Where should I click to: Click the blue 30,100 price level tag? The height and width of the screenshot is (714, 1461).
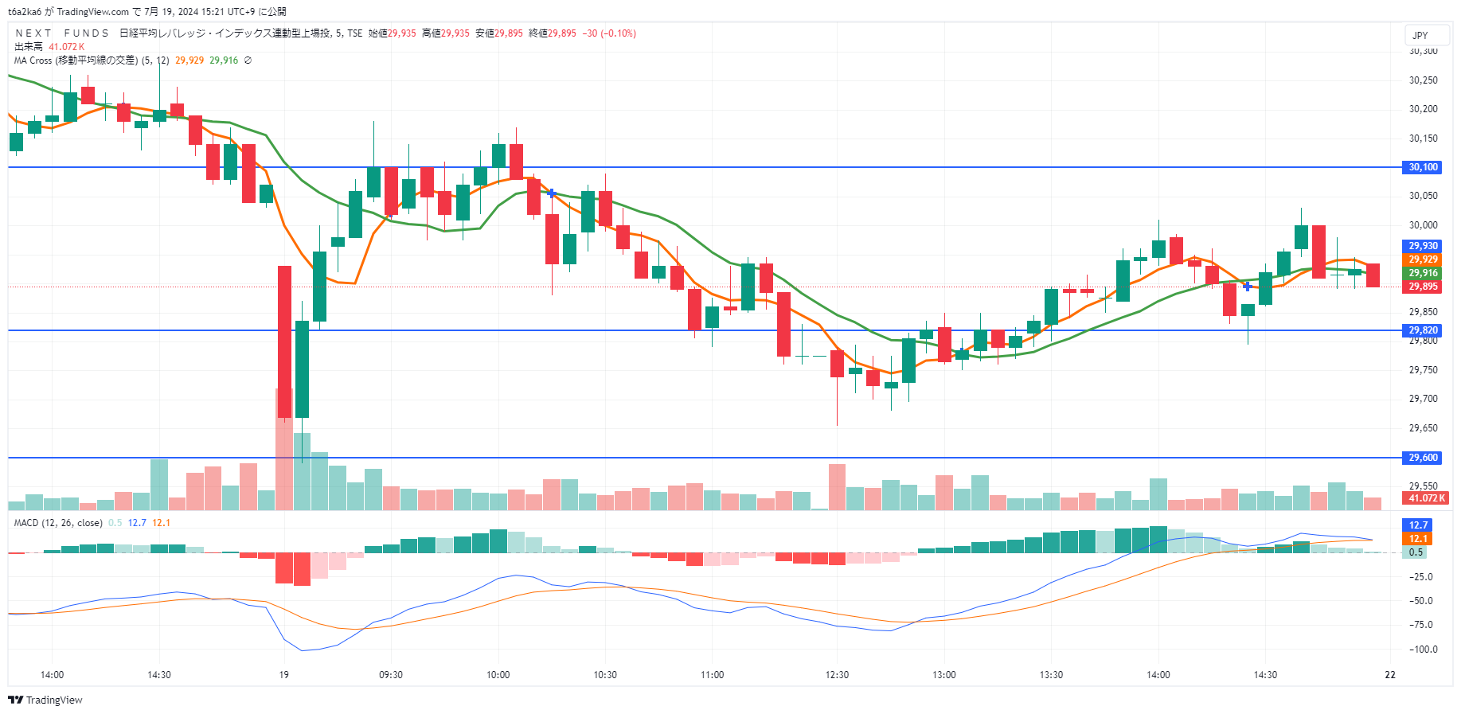[x=1423, y=167]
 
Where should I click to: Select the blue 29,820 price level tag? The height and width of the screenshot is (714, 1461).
[x=1423, y=330]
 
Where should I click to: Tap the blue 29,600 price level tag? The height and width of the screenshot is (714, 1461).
[x=1423, y=458]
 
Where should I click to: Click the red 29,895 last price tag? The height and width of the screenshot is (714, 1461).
[x=1423, y=287]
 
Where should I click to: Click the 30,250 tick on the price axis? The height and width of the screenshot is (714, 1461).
[x=1423, y=80]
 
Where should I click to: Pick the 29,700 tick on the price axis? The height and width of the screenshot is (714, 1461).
[x=1423, y=399]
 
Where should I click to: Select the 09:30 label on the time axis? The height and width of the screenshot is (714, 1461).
[x=391, y=675]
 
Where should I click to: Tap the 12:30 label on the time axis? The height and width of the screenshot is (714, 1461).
[x=837, y=675]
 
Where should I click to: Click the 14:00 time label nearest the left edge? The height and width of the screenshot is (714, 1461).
[x=52, y=675]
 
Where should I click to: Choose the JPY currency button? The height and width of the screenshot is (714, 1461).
[x=1420, y=35]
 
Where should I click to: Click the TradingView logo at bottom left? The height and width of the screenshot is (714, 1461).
[x=45, y=700]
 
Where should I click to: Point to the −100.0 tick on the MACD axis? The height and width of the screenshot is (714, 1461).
[x=1423, y=650]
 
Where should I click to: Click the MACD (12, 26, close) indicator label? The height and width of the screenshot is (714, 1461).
[x=58, y=523]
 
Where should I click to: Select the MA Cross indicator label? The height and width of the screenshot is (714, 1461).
[x=76, y=60]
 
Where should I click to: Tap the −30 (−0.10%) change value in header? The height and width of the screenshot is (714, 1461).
[x=609, y=33]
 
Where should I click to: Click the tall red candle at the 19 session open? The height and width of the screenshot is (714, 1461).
[x=284, y=342]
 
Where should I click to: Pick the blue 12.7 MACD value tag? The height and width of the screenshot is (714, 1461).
[x=1418, y=525]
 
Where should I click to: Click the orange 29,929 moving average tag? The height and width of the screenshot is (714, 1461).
[x=1423, y=259]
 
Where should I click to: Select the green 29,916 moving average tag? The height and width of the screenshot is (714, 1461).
[x=1423, y=273]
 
